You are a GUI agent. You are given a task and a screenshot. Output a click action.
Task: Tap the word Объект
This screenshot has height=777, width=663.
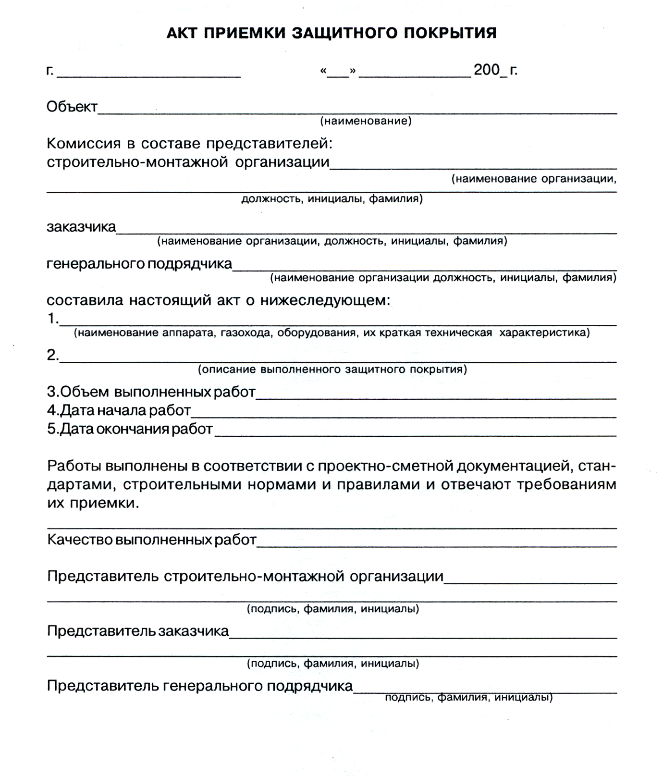(72, 107)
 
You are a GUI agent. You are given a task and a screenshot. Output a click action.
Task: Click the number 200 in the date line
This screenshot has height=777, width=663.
(486, 70)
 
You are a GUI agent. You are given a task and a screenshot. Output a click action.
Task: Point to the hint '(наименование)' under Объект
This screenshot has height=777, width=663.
(366, 121)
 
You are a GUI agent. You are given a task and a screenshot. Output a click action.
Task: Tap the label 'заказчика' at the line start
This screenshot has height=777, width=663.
(81, 227)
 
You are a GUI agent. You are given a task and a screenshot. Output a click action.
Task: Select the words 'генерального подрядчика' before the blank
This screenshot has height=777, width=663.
(139, 264)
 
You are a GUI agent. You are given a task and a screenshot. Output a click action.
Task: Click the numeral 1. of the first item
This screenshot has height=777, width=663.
(53, 319)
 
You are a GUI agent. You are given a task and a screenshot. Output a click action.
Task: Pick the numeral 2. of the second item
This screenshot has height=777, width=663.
(53, 355)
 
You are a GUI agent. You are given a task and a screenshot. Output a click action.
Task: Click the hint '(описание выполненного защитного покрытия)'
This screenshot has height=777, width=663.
(332, 370)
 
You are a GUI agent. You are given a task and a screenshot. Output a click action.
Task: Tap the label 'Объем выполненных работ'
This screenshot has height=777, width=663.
(151, 392)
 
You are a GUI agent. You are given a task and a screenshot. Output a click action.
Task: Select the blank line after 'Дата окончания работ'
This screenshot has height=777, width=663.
(416, 434)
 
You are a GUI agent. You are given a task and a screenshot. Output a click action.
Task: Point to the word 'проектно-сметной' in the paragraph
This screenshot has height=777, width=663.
(385, 466)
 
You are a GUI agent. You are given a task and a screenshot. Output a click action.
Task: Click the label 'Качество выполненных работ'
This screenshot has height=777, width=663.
(152, 540)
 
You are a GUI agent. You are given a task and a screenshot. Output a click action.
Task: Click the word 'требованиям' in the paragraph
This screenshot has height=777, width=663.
(566, 484)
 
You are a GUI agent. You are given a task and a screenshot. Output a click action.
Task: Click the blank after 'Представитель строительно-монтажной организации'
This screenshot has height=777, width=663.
(530, 582)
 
